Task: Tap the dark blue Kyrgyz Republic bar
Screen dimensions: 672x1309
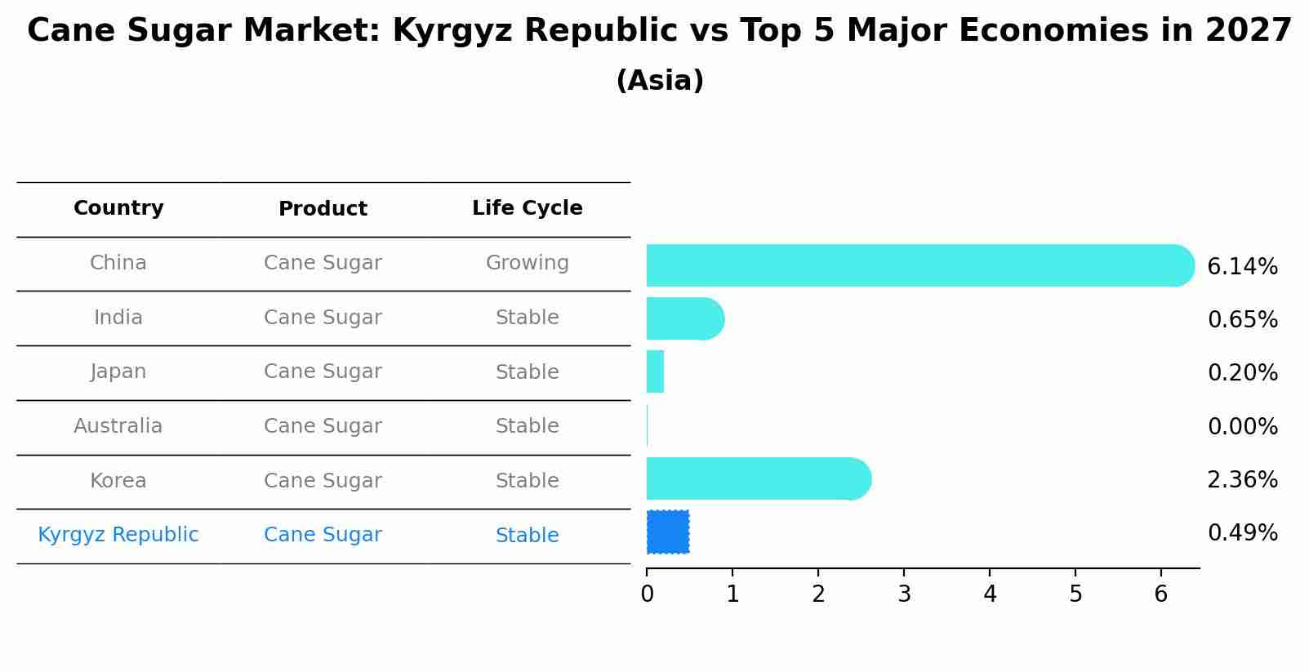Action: [668, 532]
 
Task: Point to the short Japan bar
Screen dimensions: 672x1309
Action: [655, 372]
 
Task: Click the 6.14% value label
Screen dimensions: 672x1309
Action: [1242, 267]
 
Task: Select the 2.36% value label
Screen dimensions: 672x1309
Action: [1242, 480]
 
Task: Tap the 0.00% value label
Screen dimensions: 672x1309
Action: [1242, 427]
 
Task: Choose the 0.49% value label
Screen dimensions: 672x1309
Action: [1242, 533]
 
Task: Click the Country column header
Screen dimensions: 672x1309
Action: [118, 208]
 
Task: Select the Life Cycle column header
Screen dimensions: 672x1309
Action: [527, 208]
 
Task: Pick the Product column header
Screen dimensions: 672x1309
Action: [323, 209]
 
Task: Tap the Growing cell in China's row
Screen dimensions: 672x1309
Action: [527, 263]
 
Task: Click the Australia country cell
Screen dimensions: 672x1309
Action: [118, 426]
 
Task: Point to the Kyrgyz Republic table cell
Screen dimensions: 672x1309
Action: [118, 535]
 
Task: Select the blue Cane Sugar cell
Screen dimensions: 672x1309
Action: [323, 535]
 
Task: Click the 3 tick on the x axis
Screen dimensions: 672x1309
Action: [904, 594]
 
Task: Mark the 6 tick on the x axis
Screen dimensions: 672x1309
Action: [1161, 594]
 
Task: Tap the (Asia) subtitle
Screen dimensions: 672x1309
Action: [660, 81]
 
